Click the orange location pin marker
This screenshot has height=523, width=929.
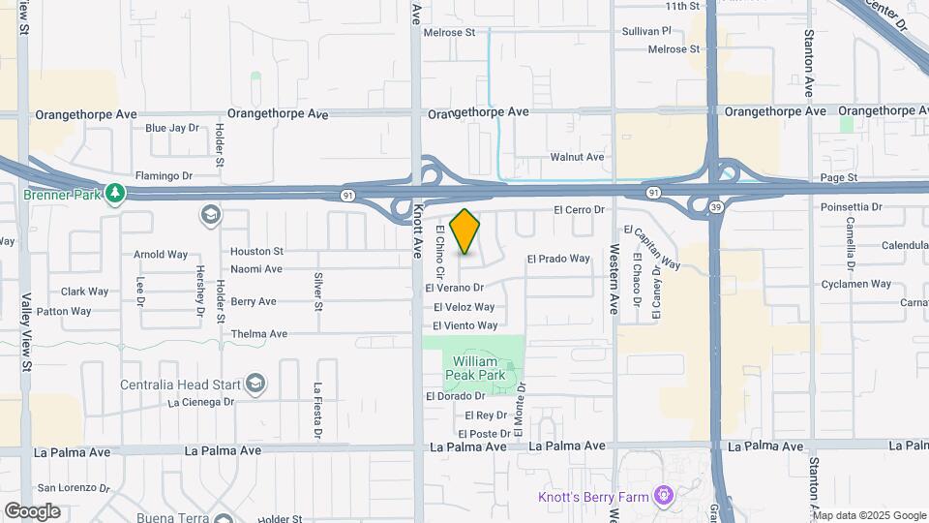(x=465, y=231)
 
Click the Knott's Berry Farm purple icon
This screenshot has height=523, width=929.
(x=664, y=497)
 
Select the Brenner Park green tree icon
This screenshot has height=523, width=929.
(x=115, y=193)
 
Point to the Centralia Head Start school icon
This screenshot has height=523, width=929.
(x=255, y=384)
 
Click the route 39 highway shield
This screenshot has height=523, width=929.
(x=714, y=208)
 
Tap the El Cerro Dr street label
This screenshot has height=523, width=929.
(x=579, y=209)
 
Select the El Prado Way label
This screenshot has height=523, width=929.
(x=558, y=259)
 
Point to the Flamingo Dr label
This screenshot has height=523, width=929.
(x=165, y=176)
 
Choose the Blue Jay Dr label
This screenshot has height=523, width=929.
(x=171, y=127)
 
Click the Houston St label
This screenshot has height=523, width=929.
(x=256, y=251)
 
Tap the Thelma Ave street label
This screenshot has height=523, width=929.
(x=259, y=333)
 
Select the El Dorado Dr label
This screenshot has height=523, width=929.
(x=456, y=396)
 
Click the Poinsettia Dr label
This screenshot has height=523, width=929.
(x=851, y=207)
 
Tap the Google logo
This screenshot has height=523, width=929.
(x=32, y=510)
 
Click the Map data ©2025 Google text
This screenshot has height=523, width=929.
(x=870, y=515)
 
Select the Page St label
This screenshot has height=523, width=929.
(x=839, y=178)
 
